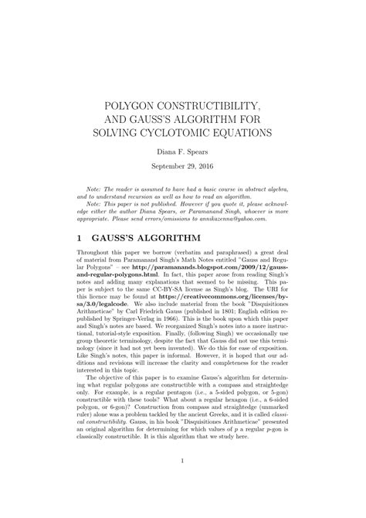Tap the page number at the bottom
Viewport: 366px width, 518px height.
click(183, 485)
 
